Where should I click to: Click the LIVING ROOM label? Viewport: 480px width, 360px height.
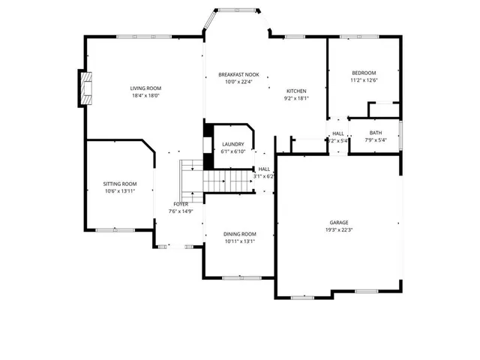146,88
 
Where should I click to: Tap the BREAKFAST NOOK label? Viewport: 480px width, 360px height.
238,75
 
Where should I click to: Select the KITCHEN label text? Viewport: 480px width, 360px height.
297,91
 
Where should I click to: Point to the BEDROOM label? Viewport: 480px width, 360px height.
363,73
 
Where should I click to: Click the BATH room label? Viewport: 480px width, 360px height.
375,133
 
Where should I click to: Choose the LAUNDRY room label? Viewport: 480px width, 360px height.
233,144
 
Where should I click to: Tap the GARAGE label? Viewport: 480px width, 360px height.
339,223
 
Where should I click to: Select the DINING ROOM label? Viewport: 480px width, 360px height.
240,234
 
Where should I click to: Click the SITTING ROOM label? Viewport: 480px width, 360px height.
120,184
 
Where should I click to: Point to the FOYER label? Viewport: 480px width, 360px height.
181,204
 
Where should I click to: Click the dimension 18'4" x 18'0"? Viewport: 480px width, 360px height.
146,96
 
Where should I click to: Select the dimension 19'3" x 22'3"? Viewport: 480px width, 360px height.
339,230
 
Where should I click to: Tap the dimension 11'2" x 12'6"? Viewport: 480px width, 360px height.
363,80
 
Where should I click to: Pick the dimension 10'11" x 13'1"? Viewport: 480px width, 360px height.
240,241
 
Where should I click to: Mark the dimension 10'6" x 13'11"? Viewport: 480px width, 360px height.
120,191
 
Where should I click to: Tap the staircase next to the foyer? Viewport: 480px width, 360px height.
217,180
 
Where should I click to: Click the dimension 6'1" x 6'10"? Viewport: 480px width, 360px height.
233,151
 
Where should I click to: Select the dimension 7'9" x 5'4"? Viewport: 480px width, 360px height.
375,140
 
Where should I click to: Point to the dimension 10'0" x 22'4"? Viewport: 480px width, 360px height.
238,82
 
